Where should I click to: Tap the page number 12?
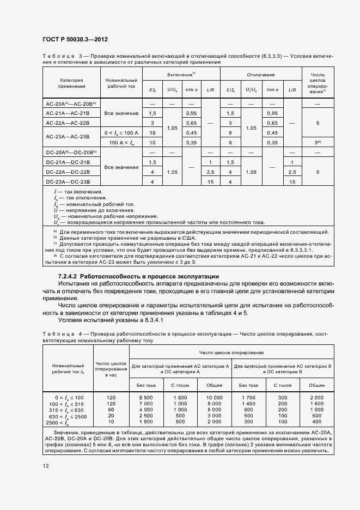click(x=45, y=465)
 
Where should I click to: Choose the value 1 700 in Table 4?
click(x=249, y=399)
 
